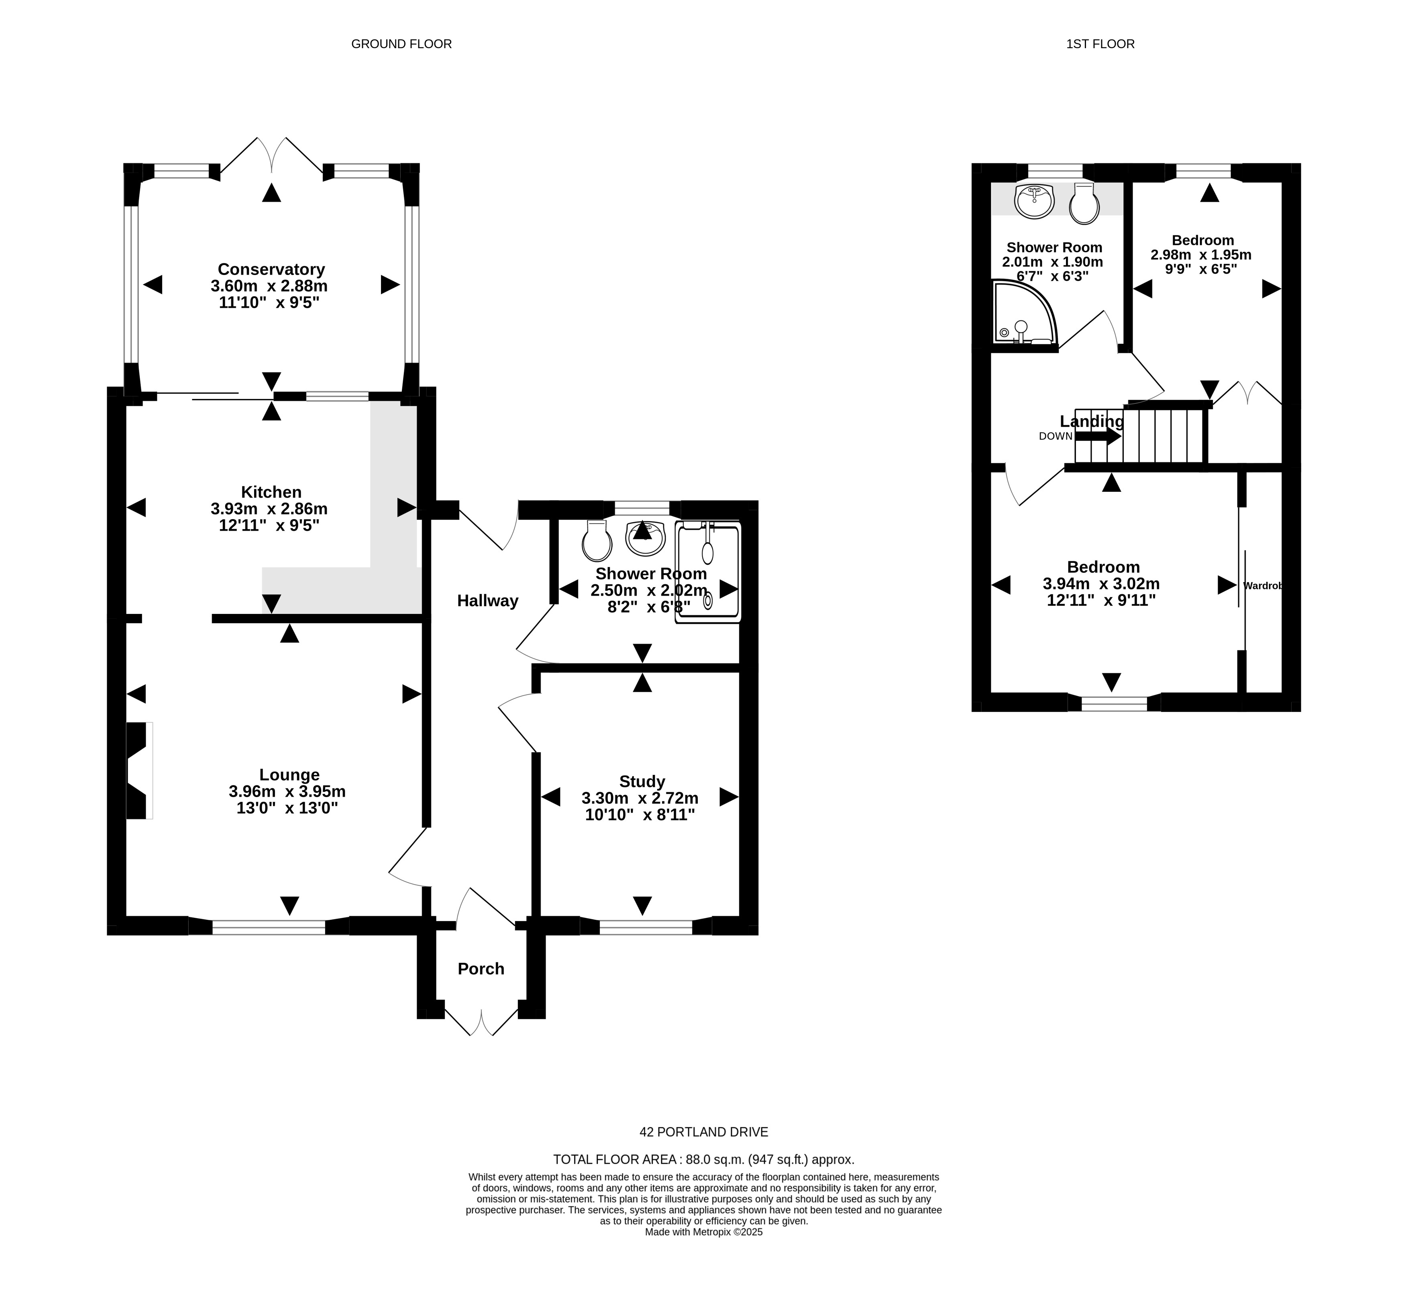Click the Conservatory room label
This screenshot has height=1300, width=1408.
coord(271,269)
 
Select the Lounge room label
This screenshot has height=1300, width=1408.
coord(289,774)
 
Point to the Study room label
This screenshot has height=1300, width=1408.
coord(642,782)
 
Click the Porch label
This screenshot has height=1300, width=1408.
coord(481,969)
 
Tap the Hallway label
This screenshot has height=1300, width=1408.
coord(487,601)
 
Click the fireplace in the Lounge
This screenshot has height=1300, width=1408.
coord(139,770)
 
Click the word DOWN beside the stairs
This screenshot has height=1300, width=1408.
coord(1055,436)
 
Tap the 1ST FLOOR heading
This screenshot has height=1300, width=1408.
coord(1100,44)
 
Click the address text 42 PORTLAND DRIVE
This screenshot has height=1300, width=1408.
coord(703,1132)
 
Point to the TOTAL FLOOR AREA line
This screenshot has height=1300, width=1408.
coord(703,1159)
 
